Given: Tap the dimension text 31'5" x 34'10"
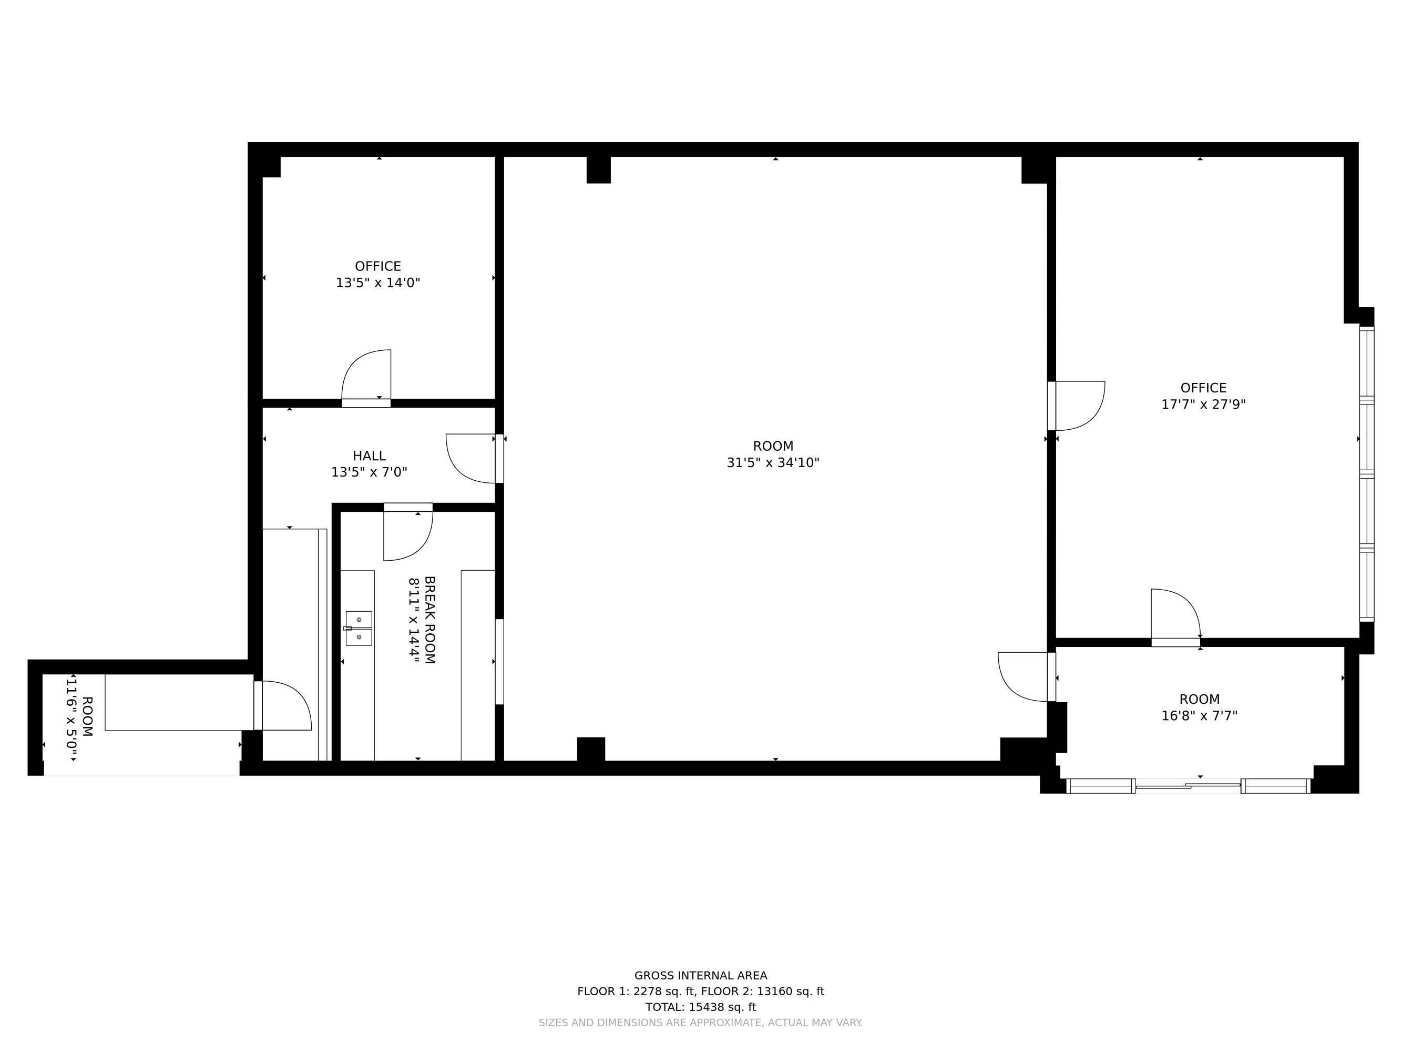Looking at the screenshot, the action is pyautogui.click(x=773, y=463).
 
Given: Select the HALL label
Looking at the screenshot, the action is pyautogui.click(x=369, y=456).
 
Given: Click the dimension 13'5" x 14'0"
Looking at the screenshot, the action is pyautogui.click(x=378, y=283).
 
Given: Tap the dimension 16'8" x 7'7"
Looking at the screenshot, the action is pyautogui.click(x=1199, y=716).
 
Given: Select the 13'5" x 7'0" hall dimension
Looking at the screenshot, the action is pyautogui.click(x=369, y=472).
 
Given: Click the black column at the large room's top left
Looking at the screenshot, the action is pyautogui.click(x=598, y=170).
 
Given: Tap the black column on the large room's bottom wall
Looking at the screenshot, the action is pyautogui.click(x=591, y=749).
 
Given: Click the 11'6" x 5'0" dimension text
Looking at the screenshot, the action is pyautogui.click(x=71, y=718).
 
